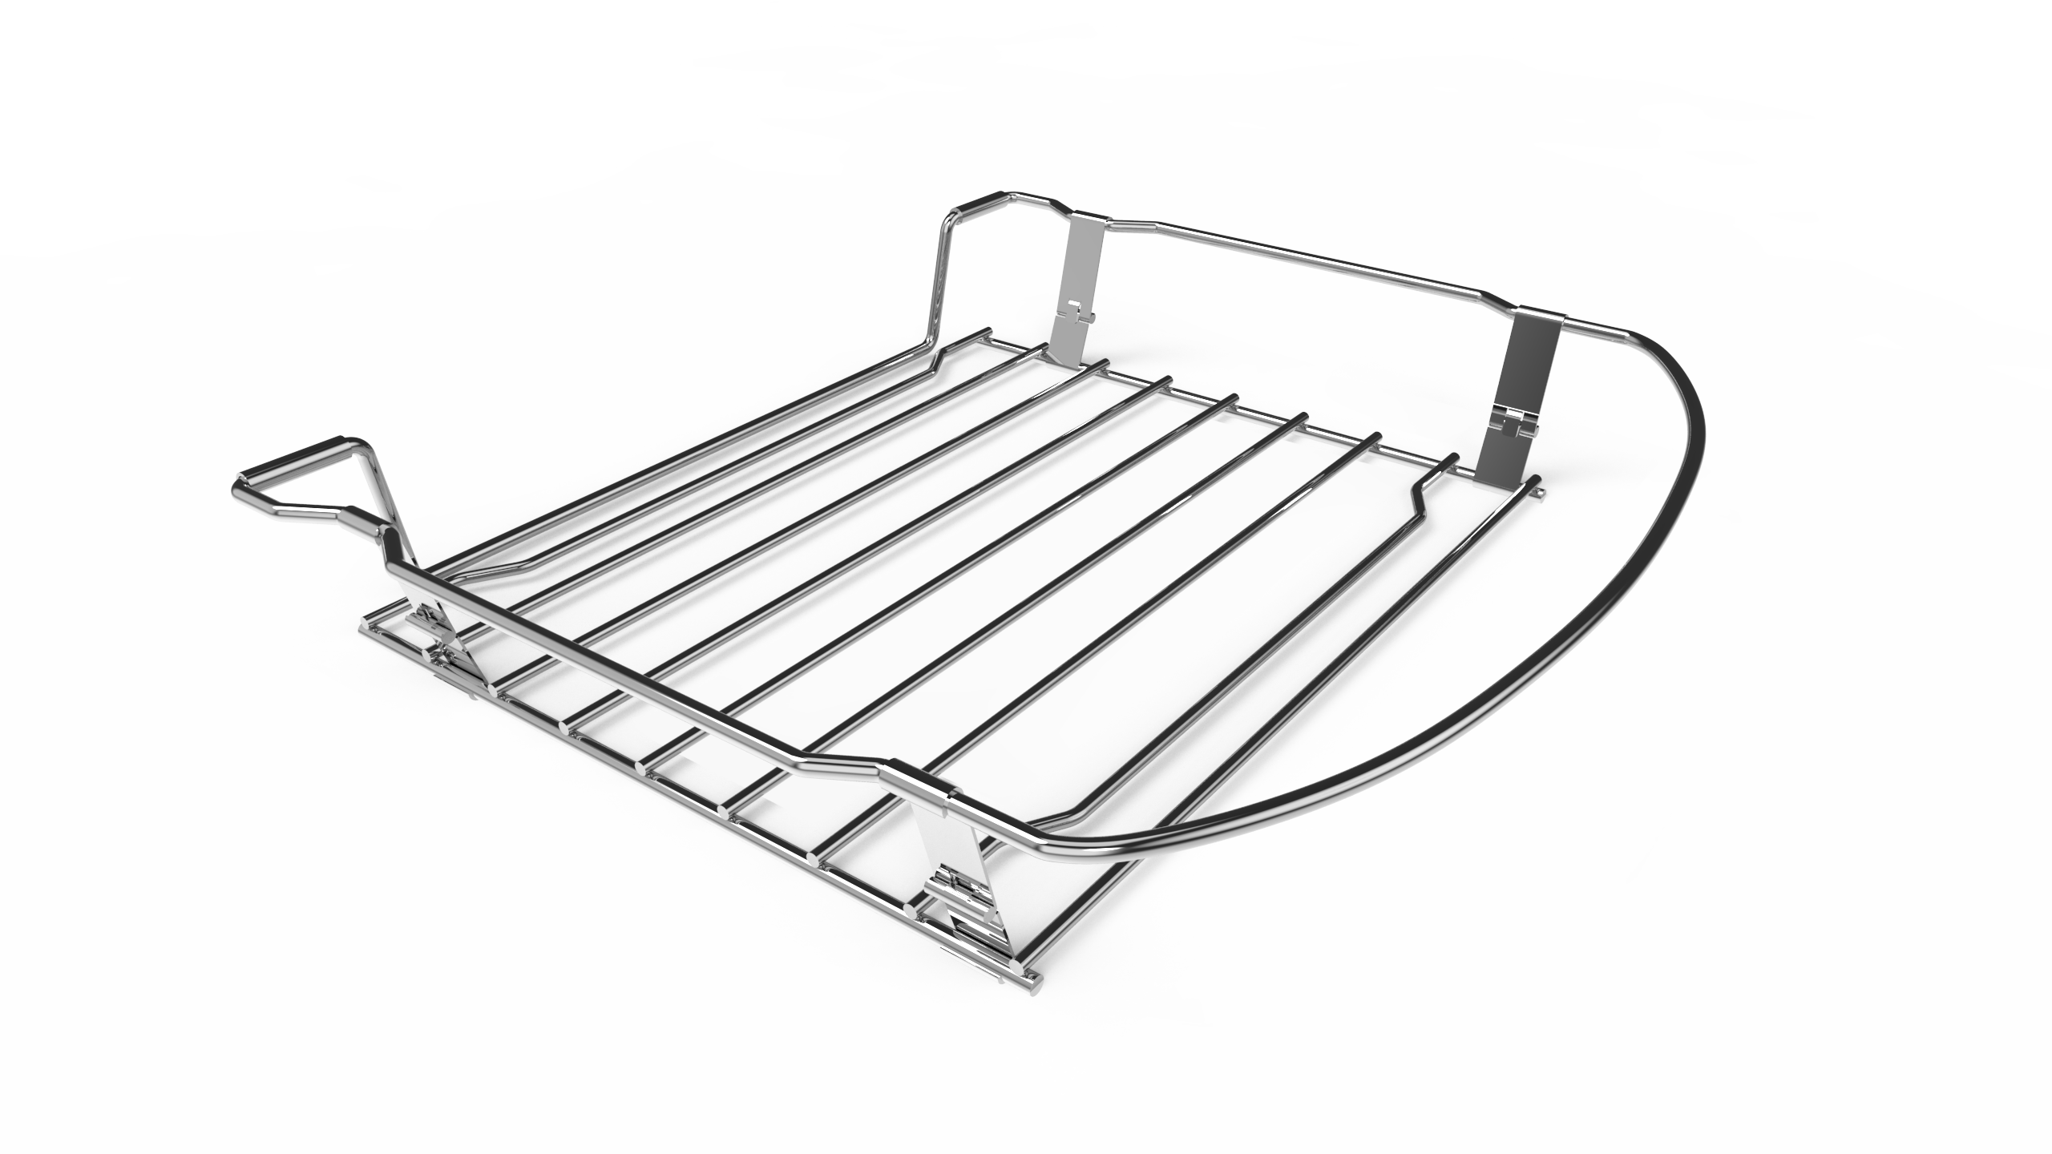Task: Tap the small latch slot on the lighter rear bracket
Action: (1074, 308)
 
